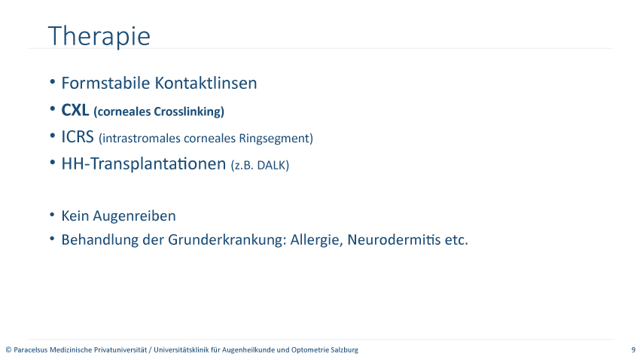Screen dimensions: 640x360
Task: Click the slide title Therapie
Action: click(x=99, y=37)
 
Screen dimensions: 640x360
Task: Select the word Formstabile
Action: click(x=105, y=83)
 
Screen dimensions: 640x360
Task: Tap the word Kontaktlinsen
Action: click(x=206, y=83)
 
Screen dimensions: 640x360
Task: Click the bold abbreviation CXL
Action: click(x=75, y=110)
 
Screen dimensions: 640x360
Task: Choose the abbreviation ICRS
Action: click(x=78, y=137)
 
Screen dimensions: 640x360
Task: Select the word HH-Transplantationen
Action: click(x=144, y=163)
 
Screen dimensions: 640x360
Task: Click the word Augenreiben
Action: click(x=134, y=216)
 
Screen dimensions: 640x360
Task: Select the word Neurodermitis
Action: click(x=394, y=239)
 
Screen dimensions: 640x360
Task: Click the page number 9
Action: click(x=633, y=349)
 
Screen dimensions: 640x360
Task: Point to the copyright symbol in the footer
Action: click(x=8, y=349)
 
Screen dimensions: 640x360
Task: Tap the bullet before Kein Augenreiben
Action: click(x=52, y=215)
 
